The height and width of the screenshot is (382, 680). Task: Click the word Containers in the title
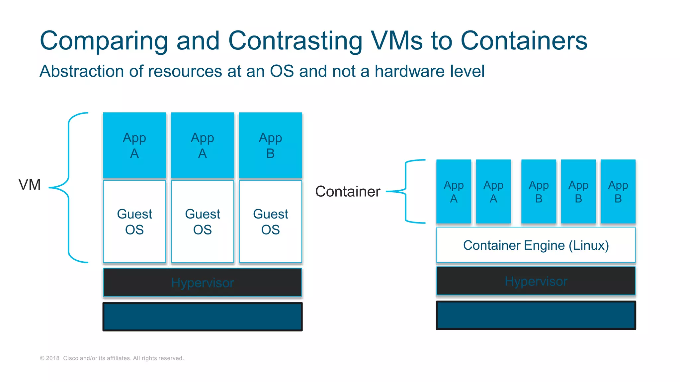524,41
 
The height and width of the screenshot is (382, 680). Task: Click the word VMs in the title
396,41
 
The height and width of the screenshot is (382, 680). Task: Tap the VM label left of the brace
30,185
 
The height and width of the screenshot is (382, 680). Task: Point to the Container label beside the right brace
348,192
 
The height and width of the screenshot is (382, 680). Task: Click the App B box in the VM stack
270,145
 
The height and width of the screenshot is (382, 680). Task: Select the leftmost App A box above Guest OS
134,145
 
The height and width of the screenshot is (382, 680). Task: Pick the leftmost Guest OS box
134,222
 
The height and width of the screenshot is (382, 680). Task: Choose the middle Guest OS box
203,222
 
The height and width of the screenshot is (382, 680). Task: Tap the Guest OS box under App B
270,222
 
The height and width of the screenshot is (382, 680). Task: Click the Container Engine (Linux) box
536,245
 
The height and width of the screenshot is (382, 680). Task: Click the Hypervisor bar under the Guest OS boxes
203,283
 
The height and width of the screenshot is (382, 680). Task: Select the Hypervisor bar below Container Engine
536,281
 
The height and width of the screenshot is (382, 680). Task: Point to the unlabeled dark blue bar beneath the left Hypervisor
203,317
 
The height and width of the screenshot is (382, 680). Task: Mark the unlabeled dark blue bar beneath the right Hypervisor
536,315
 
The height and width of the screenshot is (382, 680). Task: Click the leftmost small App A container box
454,192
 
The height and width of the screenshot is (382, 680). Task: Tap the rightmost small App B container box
618,192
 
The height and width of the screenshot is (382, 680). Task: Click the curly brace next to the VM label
68,188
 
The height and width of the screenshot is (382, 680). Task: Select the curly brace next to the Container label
406,191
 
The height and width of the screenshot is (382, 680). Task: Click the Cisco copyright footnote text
112,358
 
